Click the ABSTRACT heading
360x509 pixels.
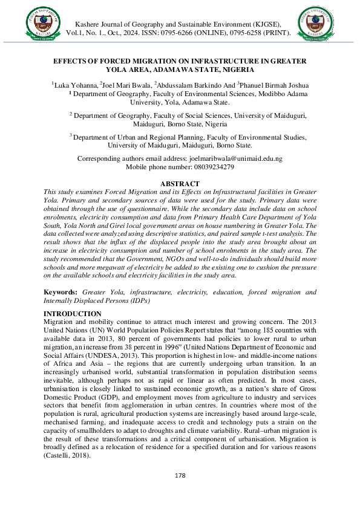(180, 183)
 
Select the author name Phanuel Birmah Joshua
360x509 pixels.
(275, 85)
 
